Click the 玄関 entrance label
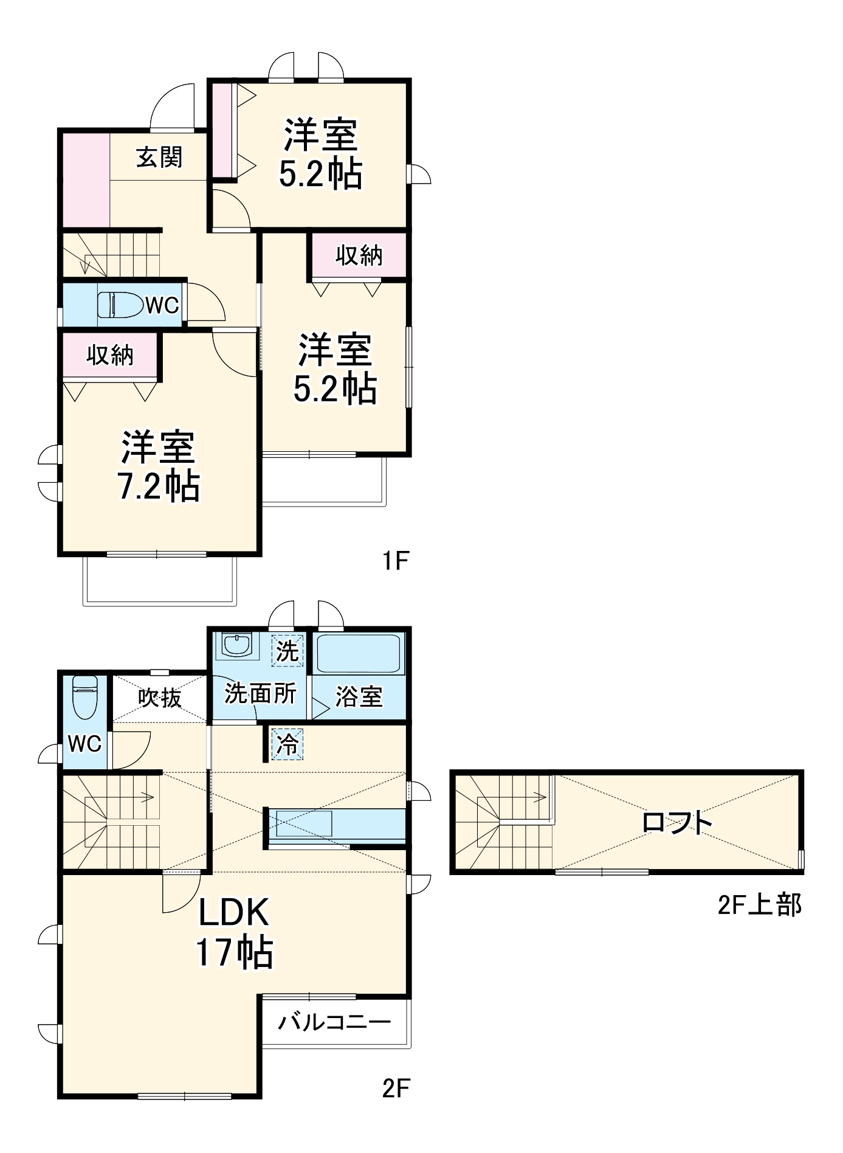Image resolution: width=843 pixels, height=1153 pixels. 159,158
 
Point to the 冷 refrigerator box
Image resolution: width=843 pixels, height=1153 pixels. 287,744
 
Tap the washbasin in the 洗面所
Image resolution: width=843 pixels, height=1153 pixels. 236,645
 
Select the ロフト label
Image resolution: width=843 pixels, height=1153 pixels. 676,823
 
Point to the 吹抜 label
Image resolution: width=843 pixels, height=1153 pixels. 159,698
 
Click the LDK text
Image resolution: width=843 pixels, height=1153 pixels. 234,913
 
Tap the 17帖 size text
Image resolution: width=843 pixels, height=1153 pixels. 234,952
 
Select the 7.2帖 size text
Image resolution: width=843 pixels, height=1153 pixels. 159,486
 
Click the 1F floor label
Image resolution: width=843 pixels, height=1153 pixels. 394,561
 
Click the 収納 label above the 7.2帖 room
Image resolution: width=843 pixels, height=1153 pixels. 110,355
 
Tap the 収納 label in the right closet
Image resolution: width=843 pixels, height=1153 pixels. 359,255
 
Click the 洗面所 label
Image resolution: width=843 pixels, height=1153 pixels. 260,694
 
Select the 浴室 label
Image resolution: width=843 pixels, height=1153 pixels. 359,697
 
